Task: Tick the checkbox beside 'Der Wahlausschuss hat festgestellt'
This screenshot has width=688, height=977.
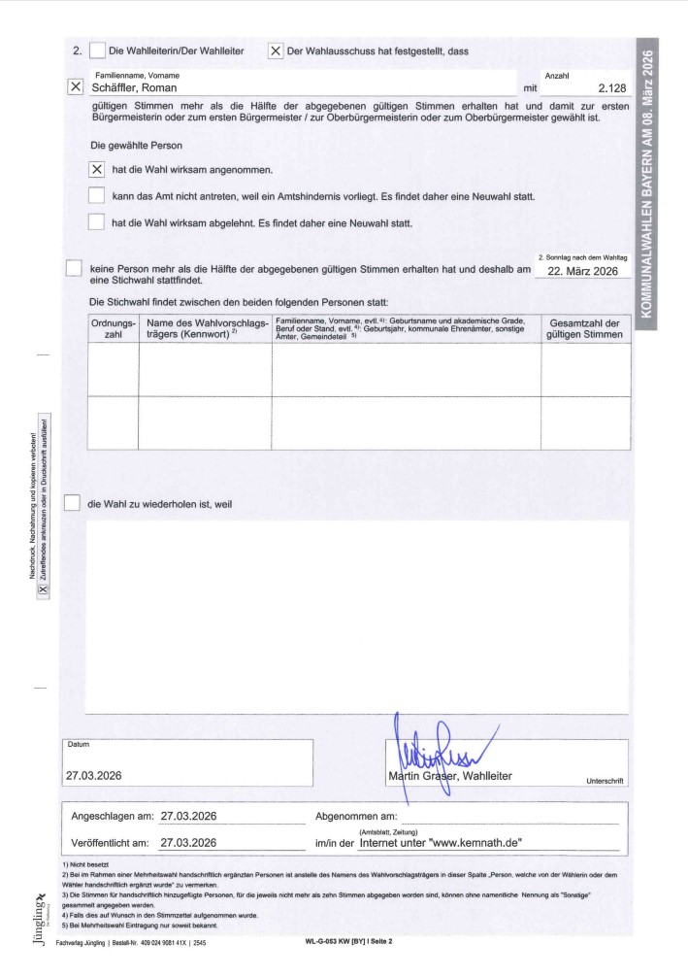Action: coord(276,51)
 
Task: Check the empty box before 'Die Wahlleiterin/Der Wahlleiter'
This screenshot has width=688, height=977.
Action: coord(97,51)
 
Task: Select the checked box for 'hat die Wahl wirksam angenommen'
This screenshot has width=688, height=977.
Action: coord(96,169)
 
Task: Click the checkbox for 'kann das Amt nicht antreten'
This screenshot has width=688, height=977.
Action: coord(96,196)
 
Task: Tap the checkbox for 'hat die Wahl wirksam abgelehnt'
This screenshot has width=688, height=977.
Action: coord(96,222)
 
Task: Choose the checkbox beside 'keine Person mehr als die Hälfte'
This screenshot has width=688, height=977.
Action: coord(74,269)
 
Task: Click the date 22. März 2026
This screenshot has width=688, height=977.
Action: coord(582,272)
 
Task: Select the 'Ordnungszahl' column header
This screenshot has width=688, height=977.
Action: coord(113,327)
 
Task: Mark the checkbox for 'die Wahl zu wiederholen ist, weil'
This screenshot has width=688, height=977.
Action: coord(72,503)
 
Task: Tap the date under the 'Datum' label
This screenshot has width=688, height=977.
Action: coord(93,776)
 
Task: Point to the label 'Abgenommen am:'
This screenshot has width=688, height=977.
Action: coord(357,816)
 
